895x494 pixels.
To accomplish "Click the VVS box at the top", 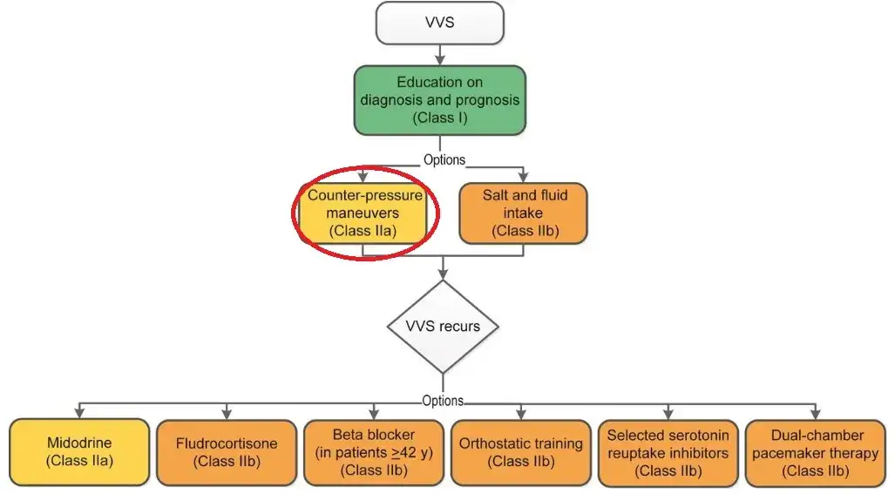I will [439, 24].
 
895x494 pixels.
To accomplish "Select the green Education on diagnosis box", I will [439, 99].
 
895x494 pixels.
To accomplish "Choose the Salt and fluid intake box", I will [523, 213].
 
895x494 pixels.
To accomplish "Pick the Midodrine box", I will [79, 451].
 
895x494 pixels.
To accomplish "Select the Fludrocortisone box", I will [226, 451].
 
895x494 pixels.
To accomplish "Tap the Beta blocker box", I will [373, 451].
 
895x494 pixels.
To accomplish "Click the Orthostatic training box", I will [520, 451].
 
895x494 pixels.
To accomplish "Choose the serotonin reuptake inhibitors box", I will [668, 451].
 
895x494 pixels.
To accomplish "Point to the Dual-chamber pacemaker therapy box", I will [817, 451].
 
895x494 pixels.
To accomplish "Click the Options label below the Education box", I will [444, 160].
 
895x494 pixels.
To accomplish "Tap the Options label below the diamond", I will [443, 401].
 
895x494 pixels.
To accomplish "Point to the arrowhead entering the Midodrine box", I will [79, 413].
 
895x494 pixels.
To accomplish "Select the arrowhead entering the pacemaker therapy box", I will [817, 413].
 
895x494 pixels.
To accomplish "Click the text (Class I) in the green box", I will [439, 118].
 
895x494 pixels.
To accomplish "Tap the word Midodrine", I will [79, 443].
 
